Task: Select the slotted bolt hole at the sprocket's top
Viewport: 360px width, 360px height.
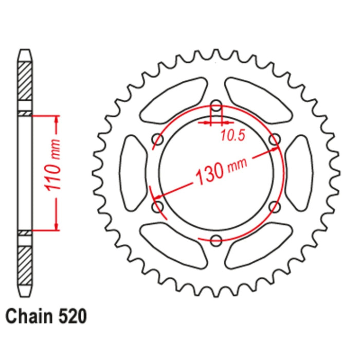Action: pos(217,110)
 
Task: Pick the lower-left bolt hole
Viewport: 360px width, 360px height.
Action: pos(158,207)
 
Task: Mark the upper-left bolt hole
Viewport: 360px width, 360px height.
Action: pos(158,139)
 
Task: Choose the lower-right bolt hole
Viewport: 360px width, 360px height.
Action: pos(275,207)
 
